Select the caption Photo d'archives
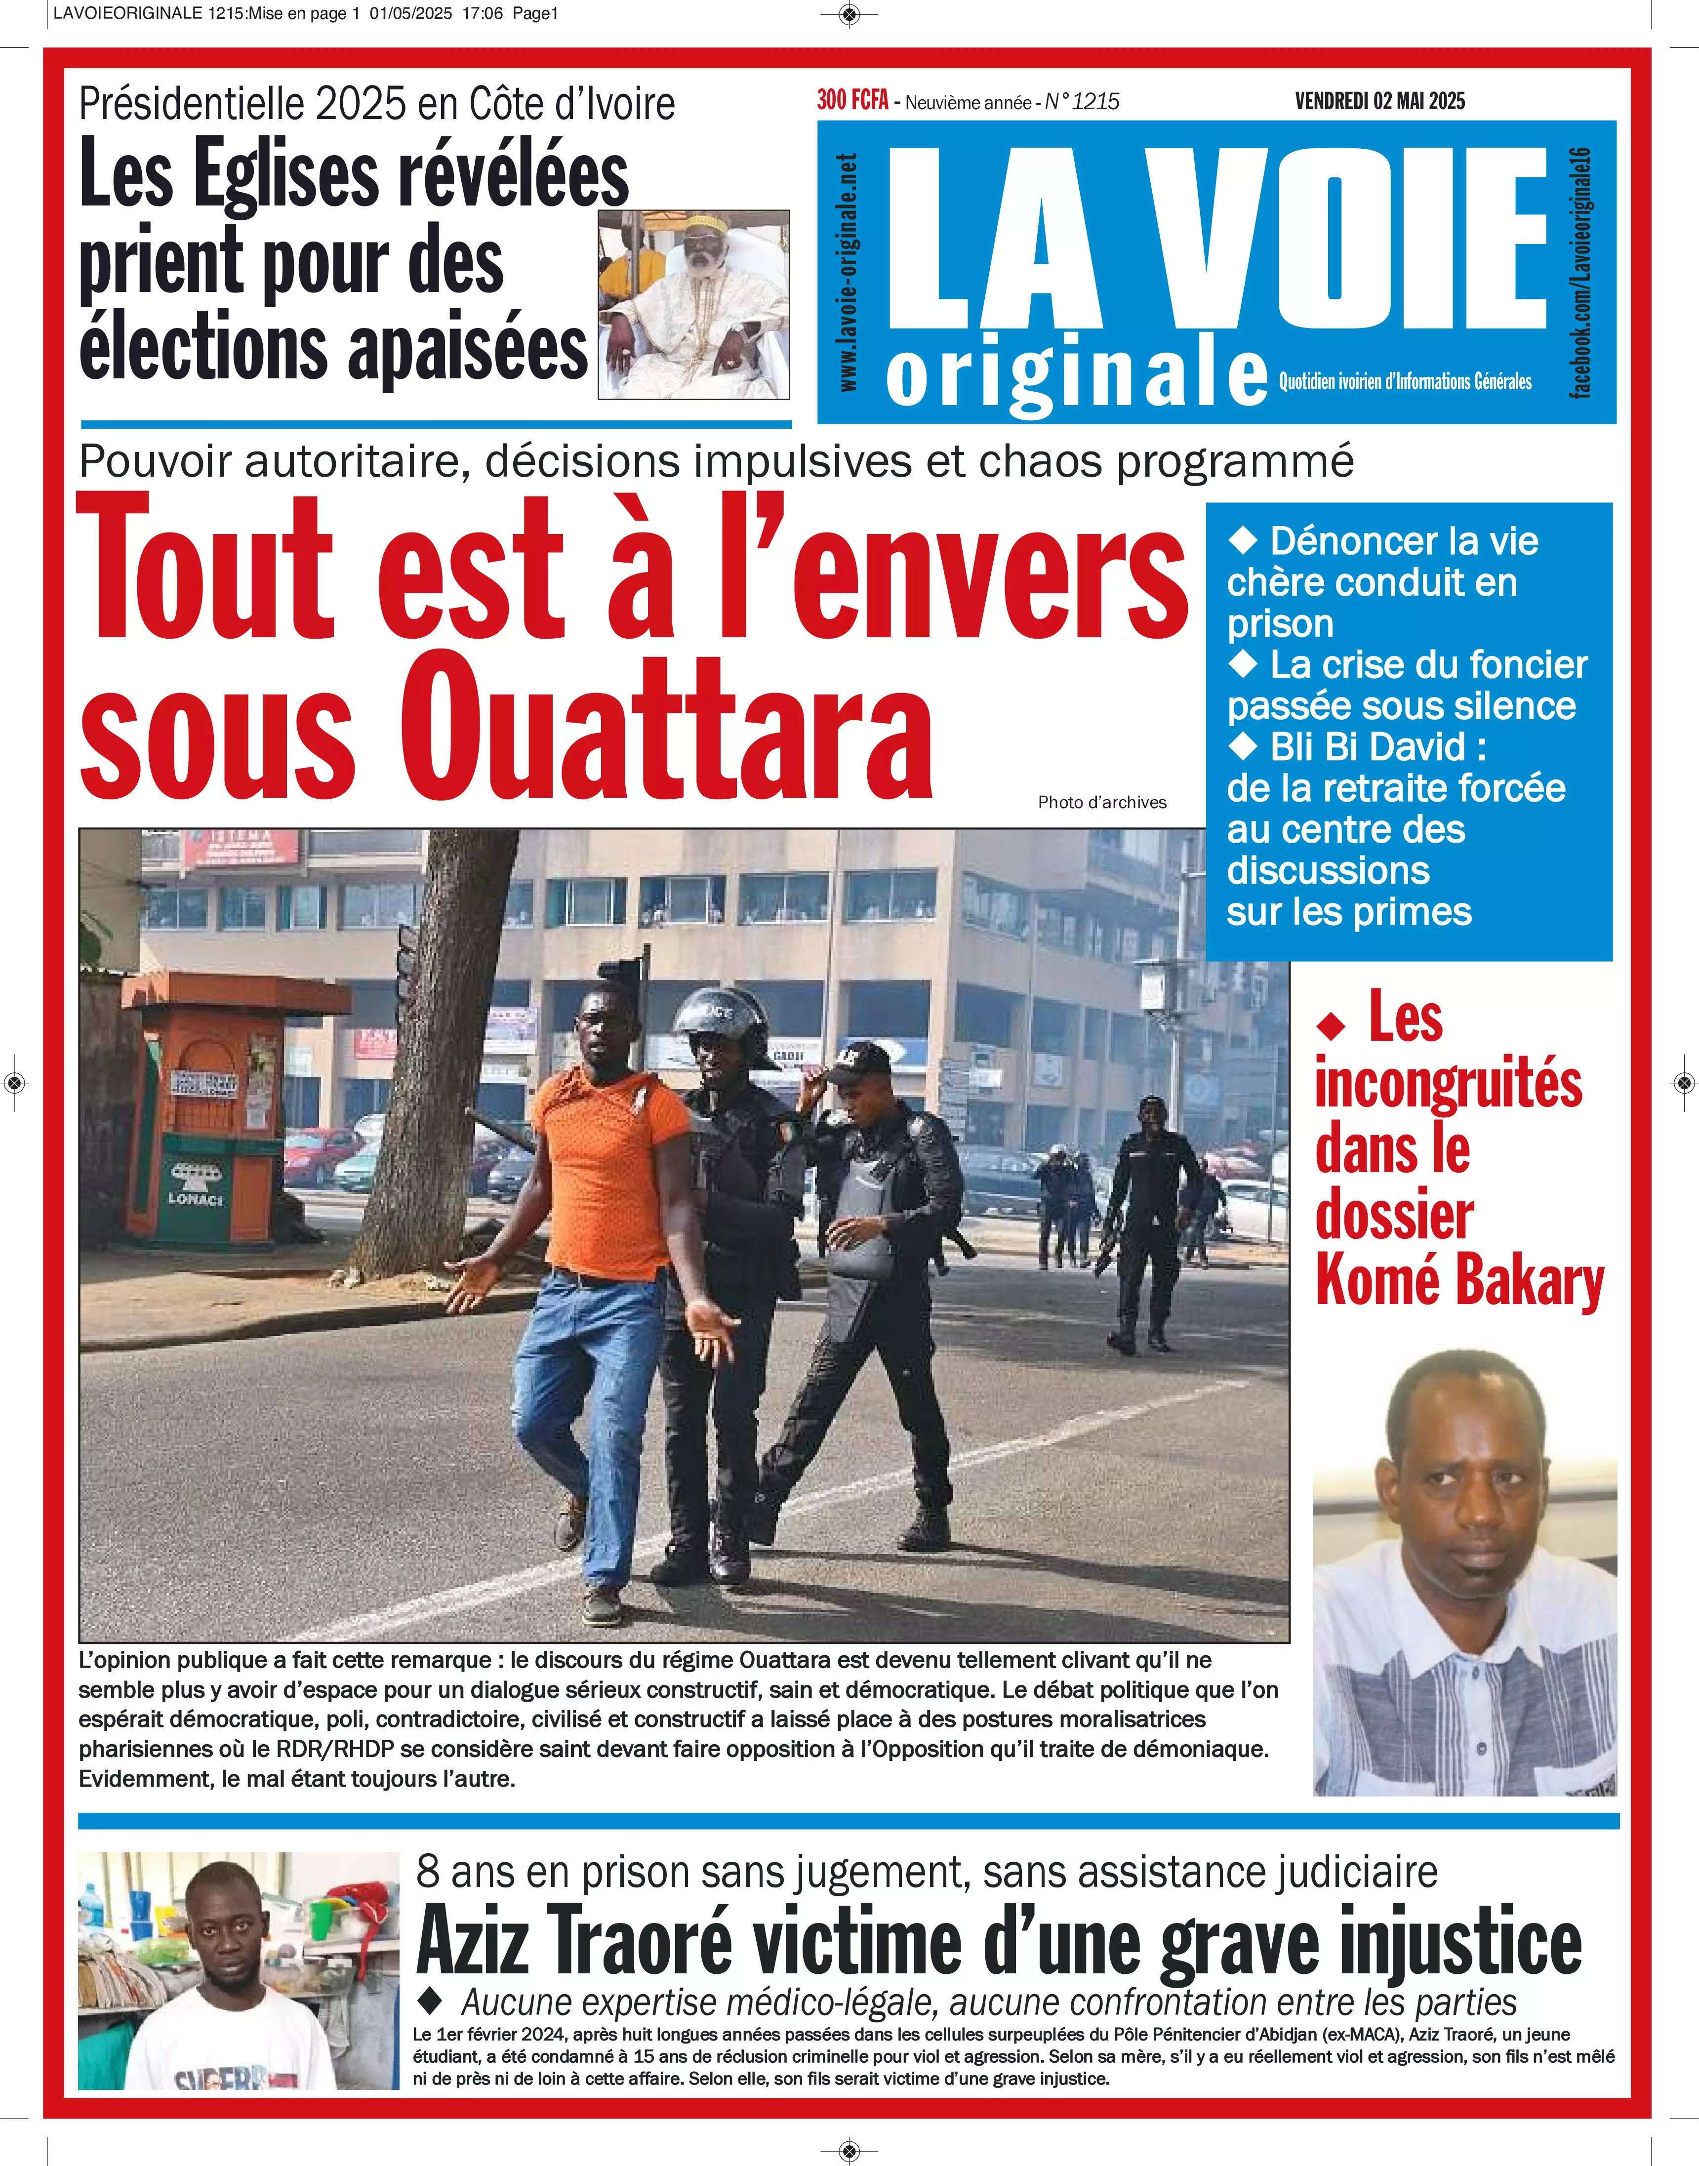click(x=1101, y=802)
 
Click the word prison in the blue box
click(x=1280, y=624)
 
